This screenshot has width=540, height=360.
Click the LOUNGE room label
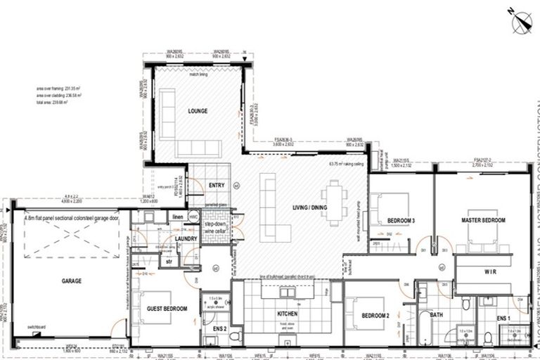click(198, 111)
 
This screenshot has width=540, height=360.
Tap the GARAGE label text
click(72, 281)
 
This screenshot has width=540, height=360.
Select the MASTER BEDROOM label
click(483, 221)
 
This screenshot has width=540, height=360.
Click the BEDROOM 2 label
click(376, 316)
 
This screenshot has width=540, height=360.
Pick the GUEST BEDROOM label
click(167, 309)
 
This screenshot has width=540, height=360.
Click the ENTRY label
click(216, 185)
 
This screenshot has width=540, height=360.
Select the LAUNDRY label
click(186, 239)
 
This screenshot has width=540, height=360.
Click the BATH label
click(436, 315)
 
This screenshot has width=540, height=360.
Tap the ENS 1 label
click(503, 319)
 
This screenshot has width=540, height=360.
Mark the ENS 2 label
click(219, 328)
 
